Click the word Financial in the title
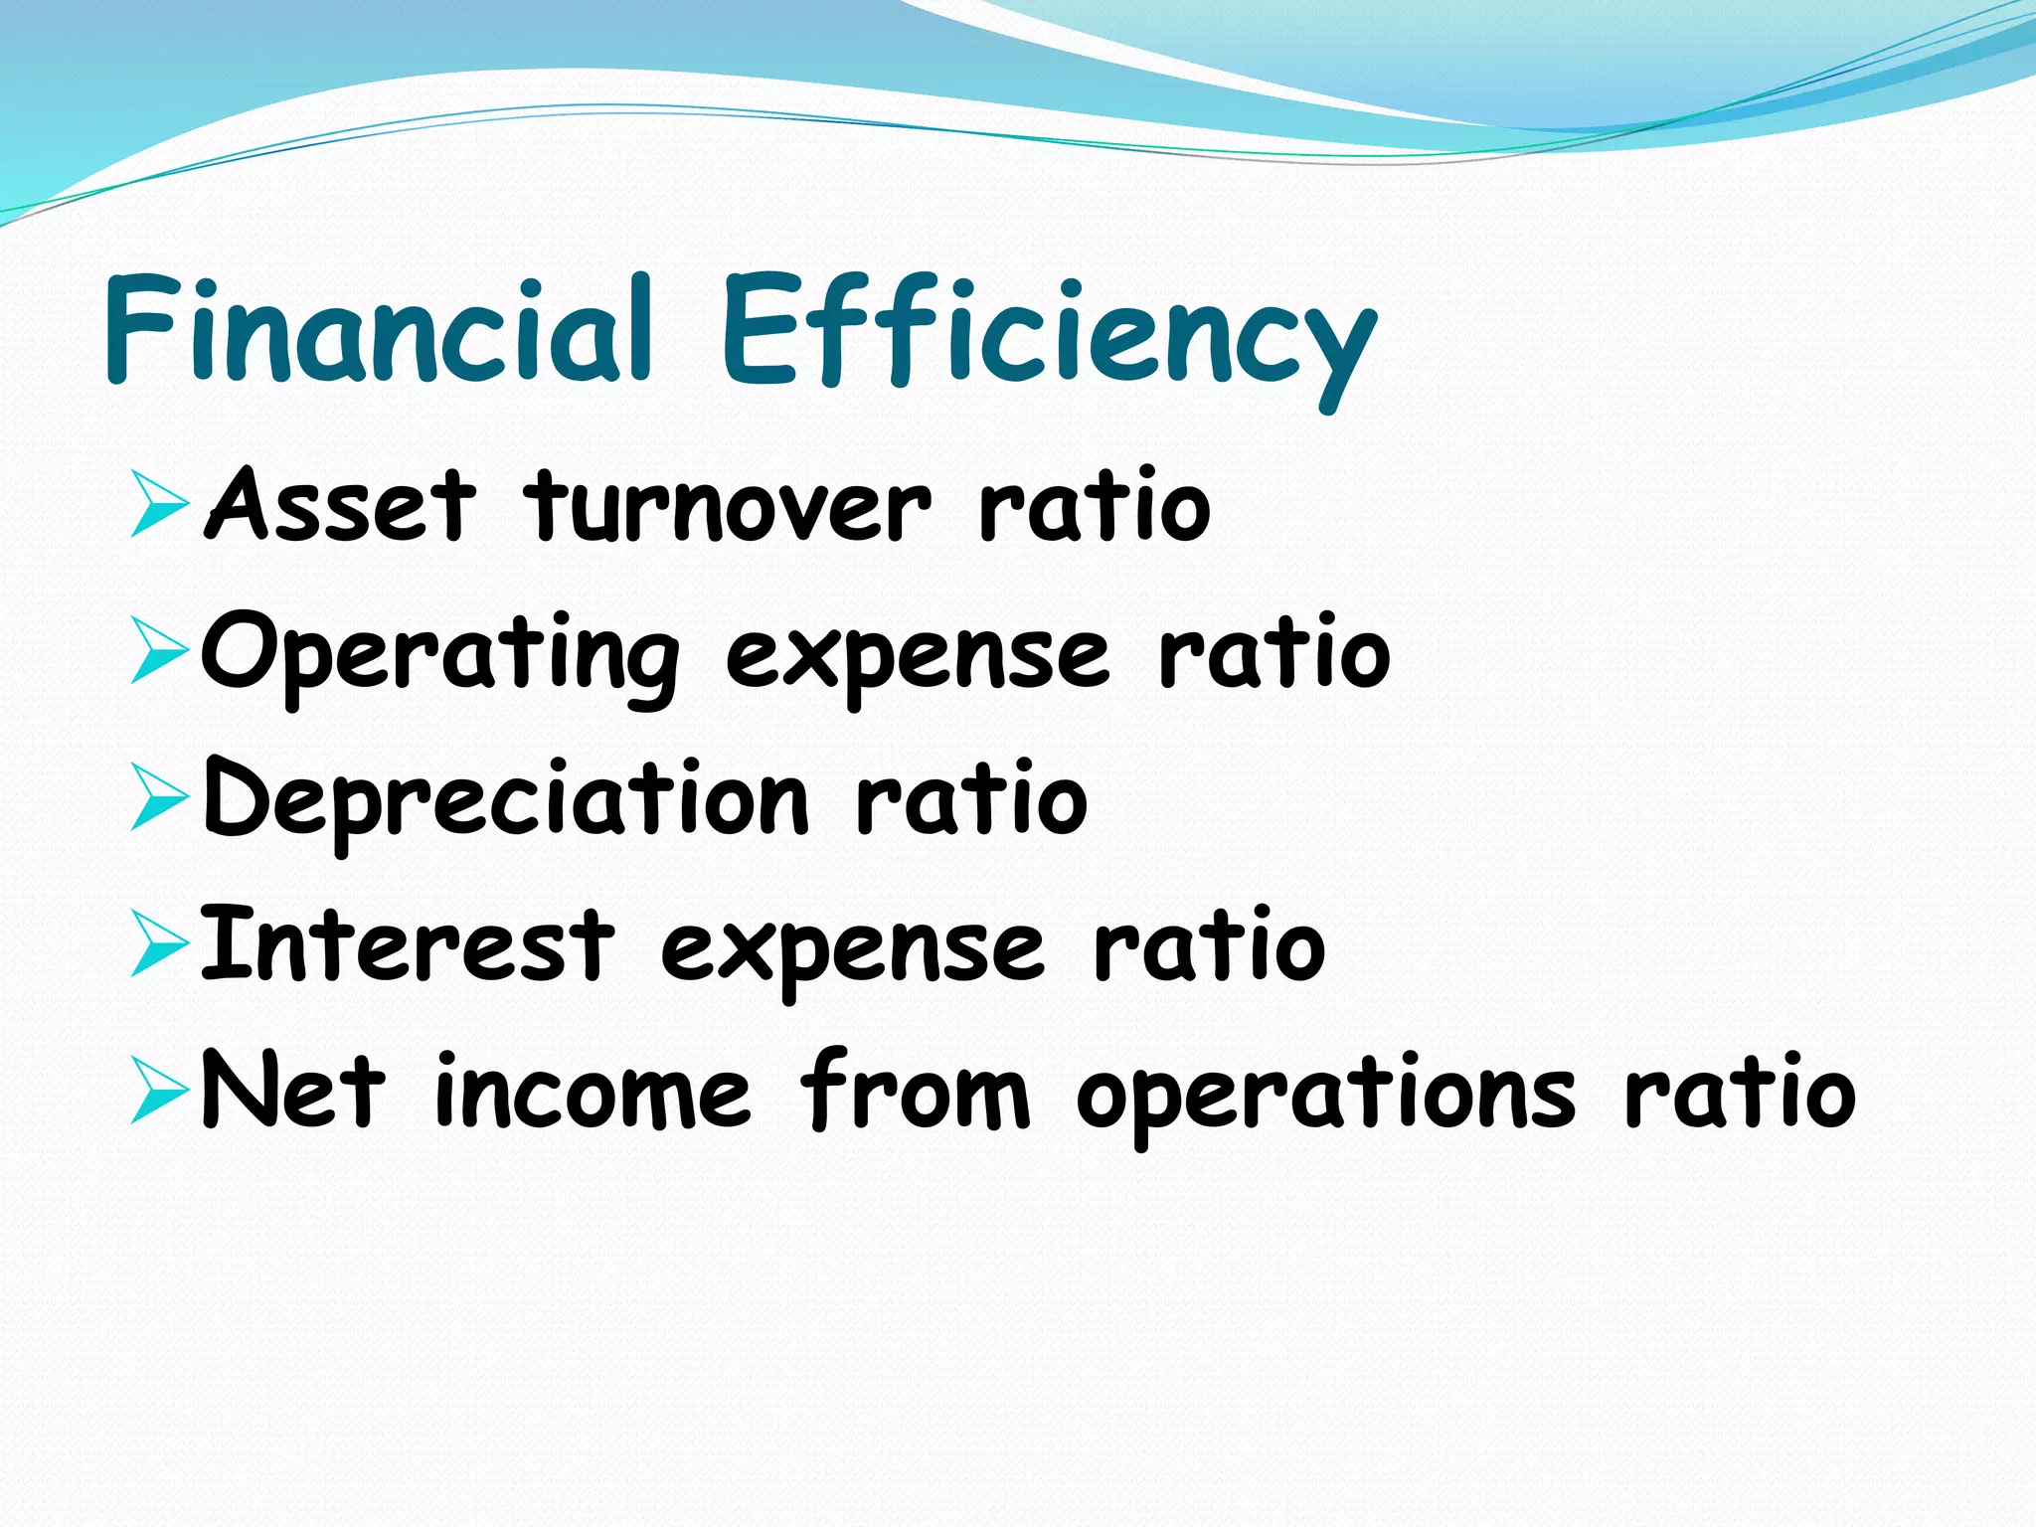tap(378, 328)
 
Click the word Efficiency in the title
tap(1049, 333)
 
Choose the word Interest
tap(408, 944)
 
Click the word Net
tap(292, 1092)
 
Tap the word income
tap(593, 1094)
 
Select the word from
tap(915, 1092)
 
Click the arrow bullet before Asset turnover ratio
tap(159, 507)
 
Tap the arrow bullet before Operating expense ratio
tap(159, 653)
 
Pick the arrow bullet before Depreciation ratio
tap(159, 799)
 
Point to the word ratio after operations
tap(1740, 1092)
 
